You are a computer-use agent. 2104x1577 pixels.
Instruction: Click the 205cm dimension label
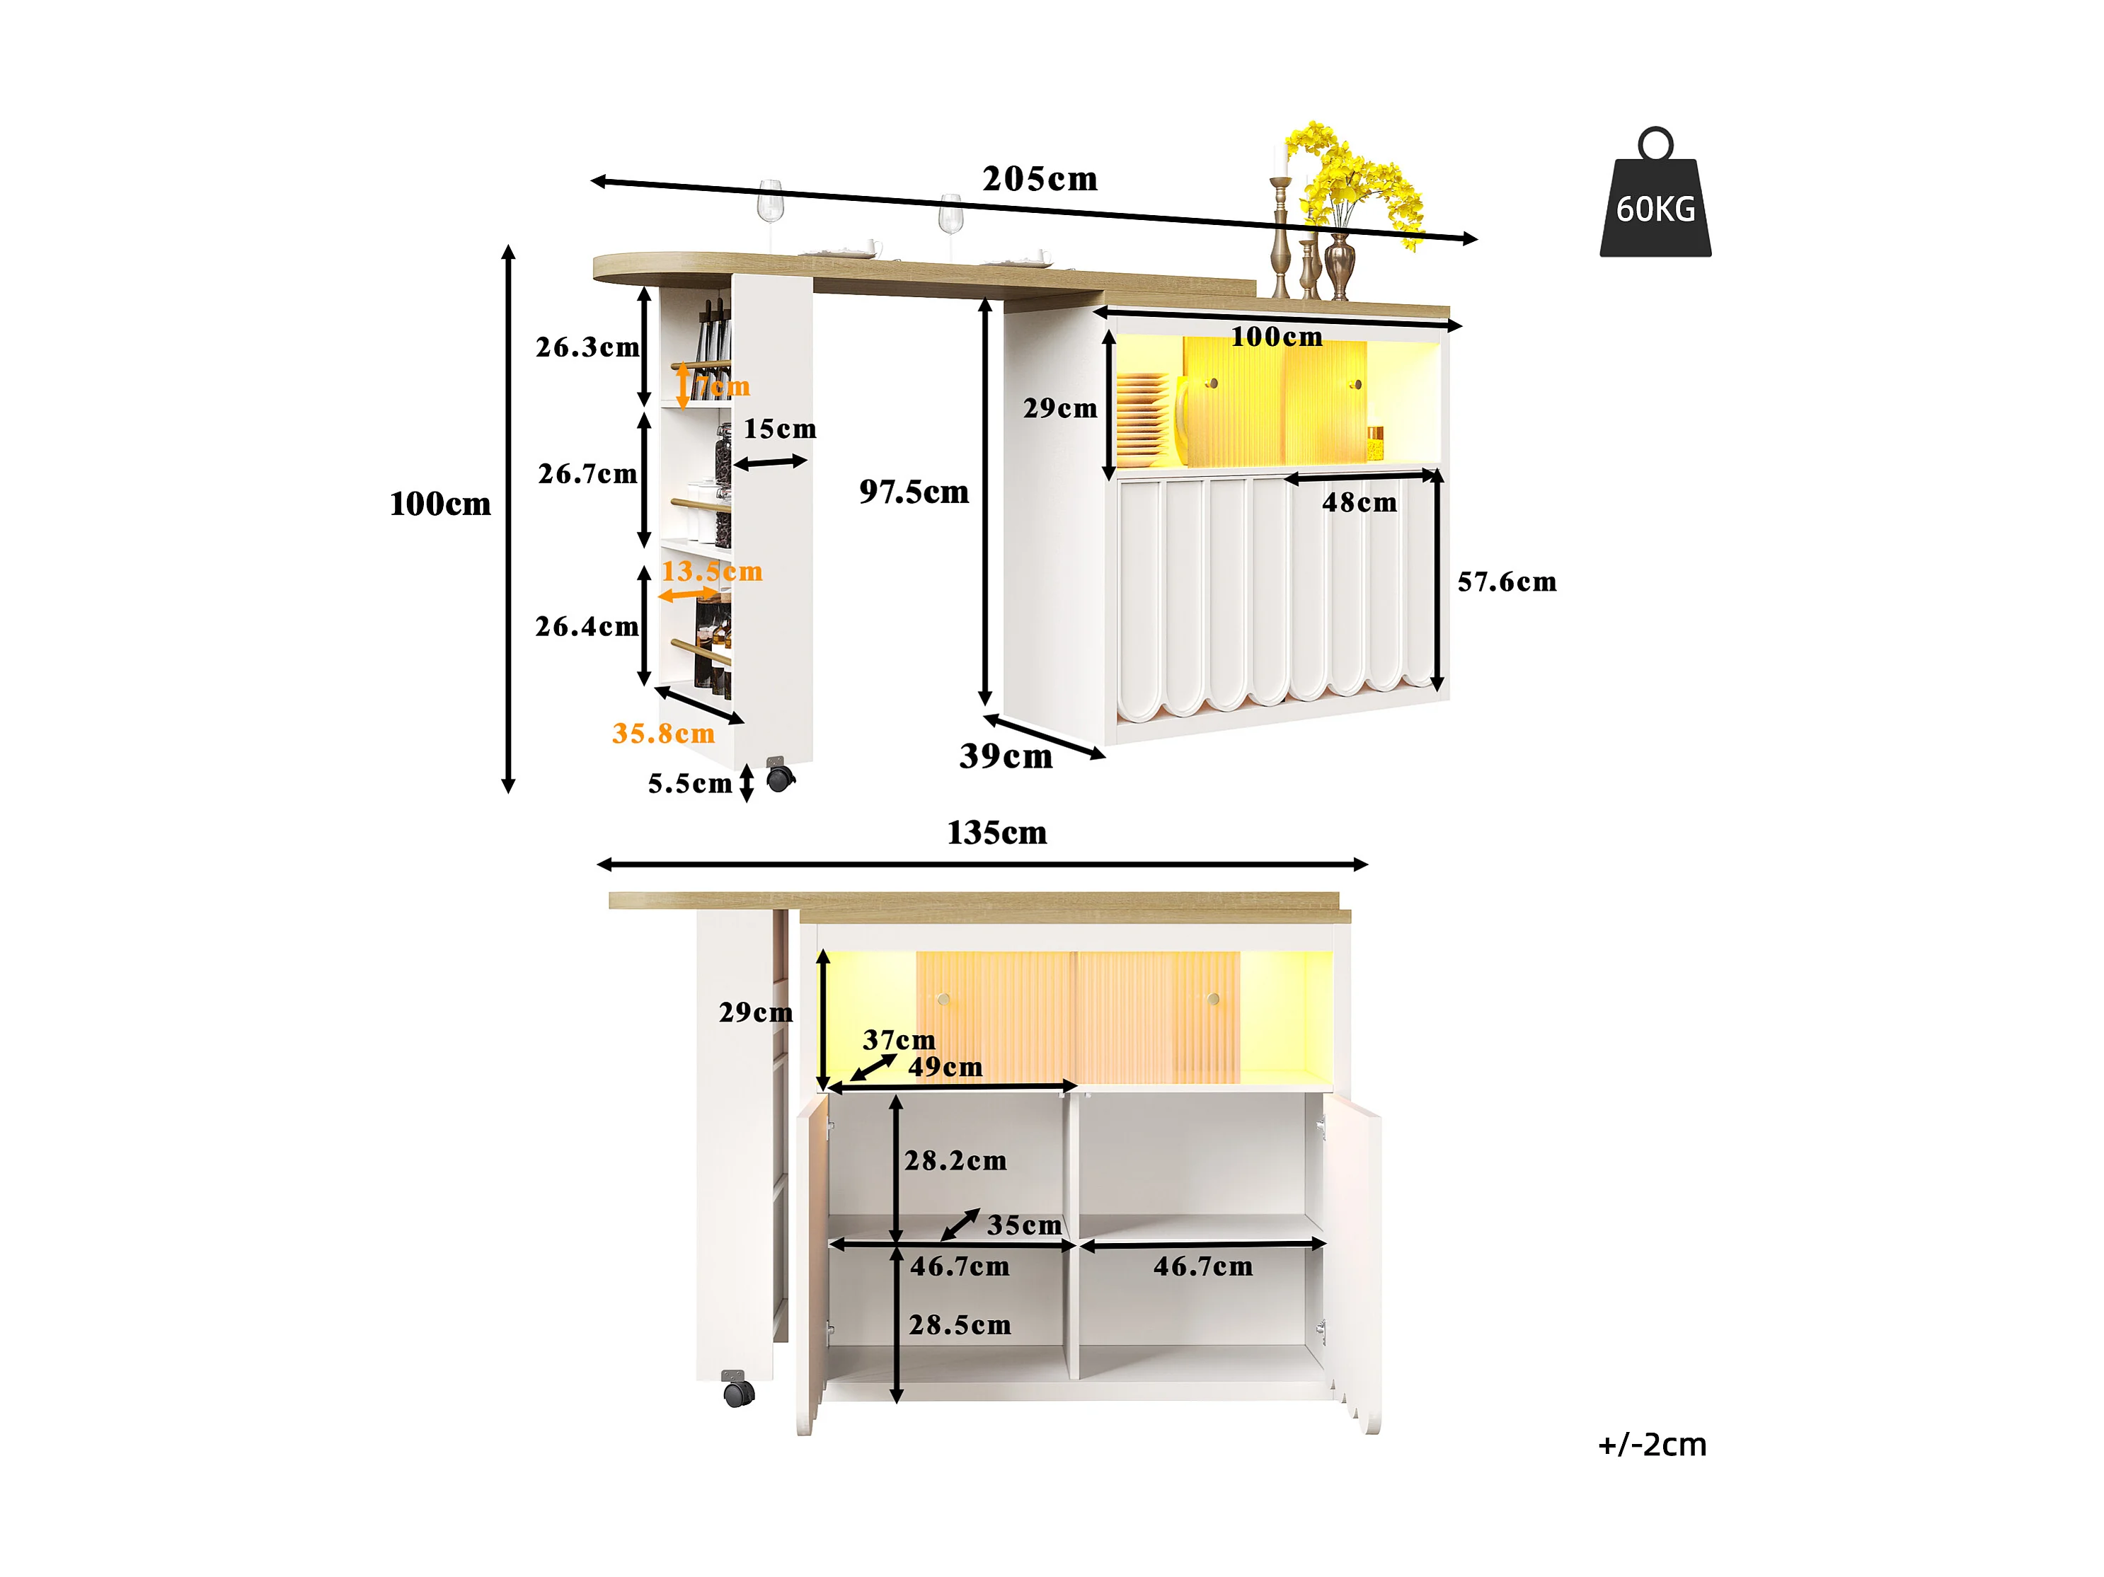click(x=1040, y=179)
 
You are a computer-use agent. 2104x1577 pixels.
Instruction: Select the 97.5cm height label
click(x=914, y=492)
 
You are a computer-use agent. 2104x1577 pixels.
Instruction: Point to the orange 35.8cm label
click(x=663, y=734)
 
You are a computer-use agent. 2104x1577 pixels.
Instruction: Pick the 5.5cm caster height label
click(x=689, y=784)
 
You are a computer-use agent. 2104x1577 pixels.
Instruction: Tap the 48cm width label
click(x=1359, y=502)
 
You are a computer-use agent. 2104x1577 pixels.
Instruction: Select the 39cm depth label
click(x=1006, y=756)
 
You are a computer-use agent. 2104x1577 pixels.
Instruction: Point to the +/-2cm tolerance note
click(x=1652, y=1445)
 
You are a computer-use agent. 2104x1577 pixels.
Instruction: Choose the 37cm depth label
click(x=899, y=1039)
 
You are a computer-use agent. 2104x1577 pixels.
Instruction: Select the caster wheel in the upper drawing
click(x=780, y=778)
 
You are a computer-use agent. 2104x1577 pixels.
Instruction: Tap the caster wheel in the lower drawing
click(x=738, y=1394)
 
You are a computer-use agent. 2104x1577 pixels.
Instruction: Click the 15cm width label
click(x=780, y=429)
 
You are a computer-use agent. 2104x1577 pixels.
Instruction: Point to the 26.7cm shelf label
click(x=587, y=474)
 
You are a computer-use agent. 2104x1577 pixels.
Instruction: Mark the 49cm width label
click(x=945, y=1066)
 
